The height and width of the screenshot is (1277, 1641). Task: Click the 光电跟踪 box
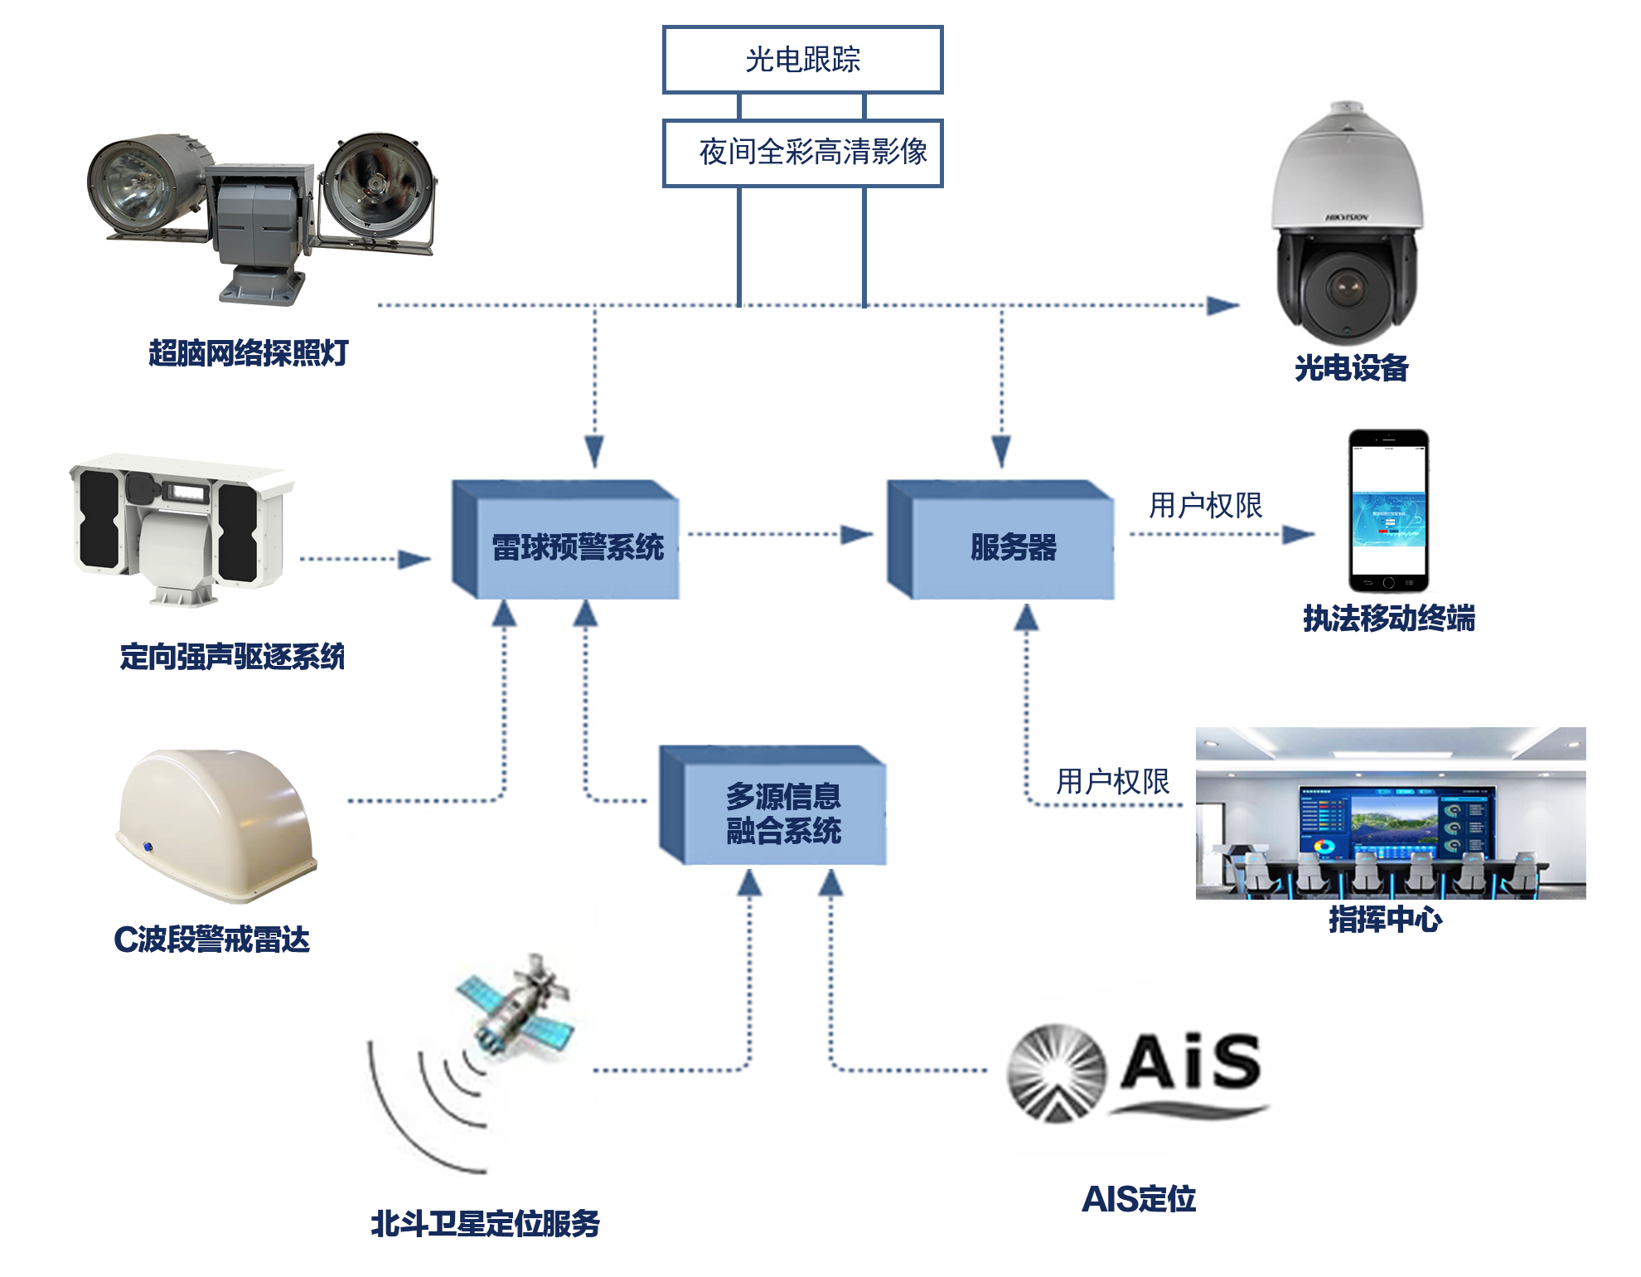(x=802, y=60)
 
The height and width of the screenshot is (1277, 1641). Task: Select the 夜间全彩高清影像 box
(x=802, y=153)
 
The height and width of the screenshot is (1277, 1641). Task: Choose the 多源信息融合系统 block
(x=783, y=813)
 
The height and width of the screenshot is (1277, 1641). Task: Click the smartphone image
(x=1388, y=510)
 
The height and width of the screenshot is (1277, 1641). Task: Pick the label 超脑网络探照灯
(x=248, y=353)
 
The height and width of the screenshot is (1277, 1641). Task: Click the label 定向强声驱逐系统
(x=232, y=657)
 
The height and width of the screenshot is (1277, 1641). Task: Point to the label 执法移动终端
(x=1389, y=619)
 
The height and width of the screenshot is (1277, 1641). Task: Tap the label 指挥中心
(x=1385, y=920)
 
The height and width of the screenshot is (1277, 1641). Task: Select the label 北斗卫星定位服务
(x=485, y=1224)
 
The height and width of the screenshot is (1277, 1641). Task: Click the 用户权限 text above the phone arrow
(x=1205, y=505)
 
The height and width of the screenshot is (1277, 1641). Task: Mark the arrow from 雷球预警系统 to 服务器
(x=779, y=534)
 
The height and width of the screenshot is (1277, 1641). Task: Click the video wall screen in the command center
(x=1397, y=821)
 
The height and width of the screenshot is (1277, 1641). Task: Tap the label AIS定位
(x=1139, y=1199)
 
